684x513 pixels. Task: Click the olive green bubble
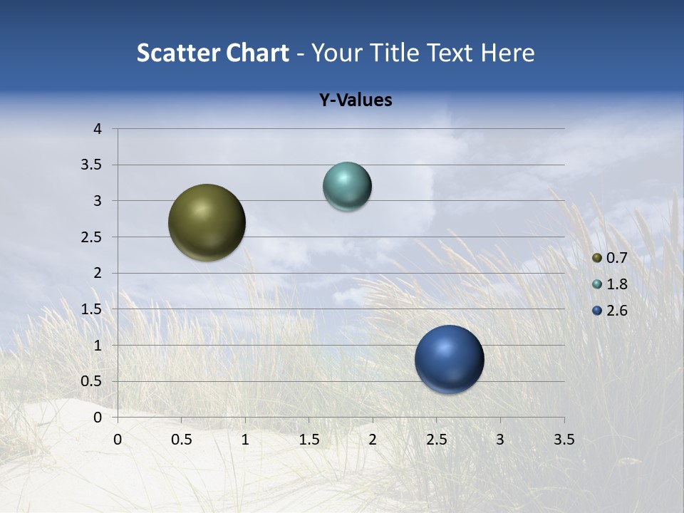tap(207, 222)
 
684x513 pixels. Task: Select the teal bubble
tap(347, 187)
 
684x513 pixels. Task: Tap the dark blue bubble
tap(449, 359)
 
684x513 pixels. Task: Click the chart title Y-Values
tap(356, 100)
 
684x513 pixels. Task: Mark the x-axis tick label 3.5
tap(564, 440)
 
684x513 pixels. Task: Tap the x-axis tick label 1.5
tap(309, 440)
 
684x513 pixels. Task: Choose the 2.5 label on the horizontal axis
tap(436, 440)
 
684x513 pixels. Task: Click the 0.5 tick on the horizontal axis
tap(181, 440)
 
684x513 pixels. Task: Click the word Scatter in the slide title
tap(178, 53)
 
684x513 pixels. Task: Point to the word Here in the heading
tap(508, 53)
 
